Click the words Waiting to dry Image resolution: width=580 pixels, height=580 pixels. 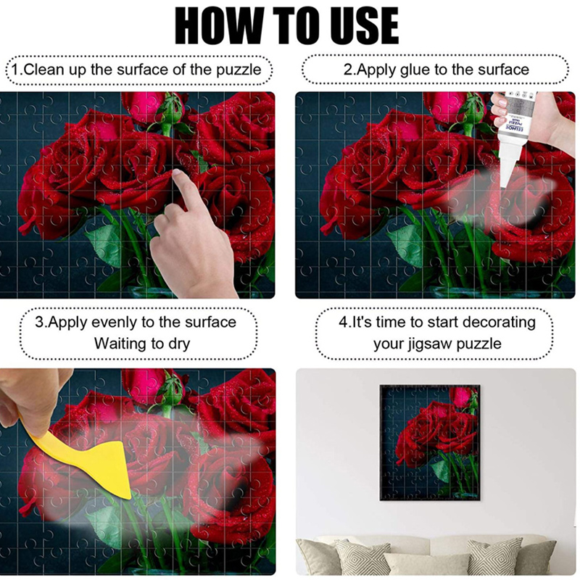(142, 344)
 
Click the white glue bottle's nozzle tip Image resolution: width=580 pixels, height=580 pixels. (503, 187)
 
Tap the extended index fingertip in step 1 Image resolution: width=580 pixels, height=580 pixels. (177, 173)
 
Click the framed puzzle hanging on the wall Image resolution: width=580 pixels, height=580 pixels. (430, 442)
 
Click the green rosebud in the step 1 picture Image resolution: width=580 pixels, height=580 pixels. (171, 109)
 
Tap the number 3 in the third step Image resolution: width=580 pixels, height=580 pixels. (39, 323)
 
